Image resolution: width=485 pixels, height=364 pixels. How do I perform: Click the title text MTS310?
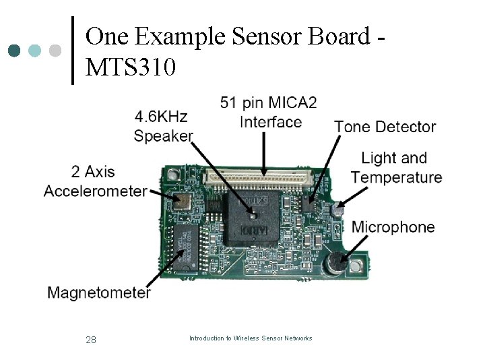(131, 67)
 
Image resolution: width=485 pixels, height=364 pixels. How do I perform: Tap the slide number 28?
(91, 340)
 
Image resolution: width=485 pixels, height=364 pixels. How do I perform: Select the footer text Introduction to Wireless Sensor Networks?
(251, 338)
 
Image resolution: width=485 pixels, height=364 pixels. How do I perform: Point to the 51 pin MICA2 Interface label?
(269, 113)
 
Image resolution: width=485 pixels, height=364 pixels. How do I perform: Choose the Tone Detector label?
(385, 127)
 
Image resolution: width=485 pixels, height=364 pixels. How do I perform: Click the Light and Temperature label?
(396, 168)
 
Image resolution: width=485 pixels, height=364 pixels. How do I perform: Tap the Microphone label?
(393, 227)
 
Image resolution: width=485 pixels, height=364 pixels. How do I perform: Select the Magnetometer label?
(99, 293)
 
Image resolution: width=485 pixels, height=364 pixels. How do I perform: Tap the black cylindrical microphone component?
(333, 265)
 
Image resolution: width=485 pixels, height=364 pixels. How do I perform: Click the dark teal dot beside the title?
(15, 51)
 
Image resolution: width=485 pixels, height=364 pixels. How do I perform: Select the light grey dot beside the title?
(56, 51)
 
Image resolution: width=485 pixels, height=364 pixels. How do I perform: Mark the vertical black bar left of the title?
(73, 51)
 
